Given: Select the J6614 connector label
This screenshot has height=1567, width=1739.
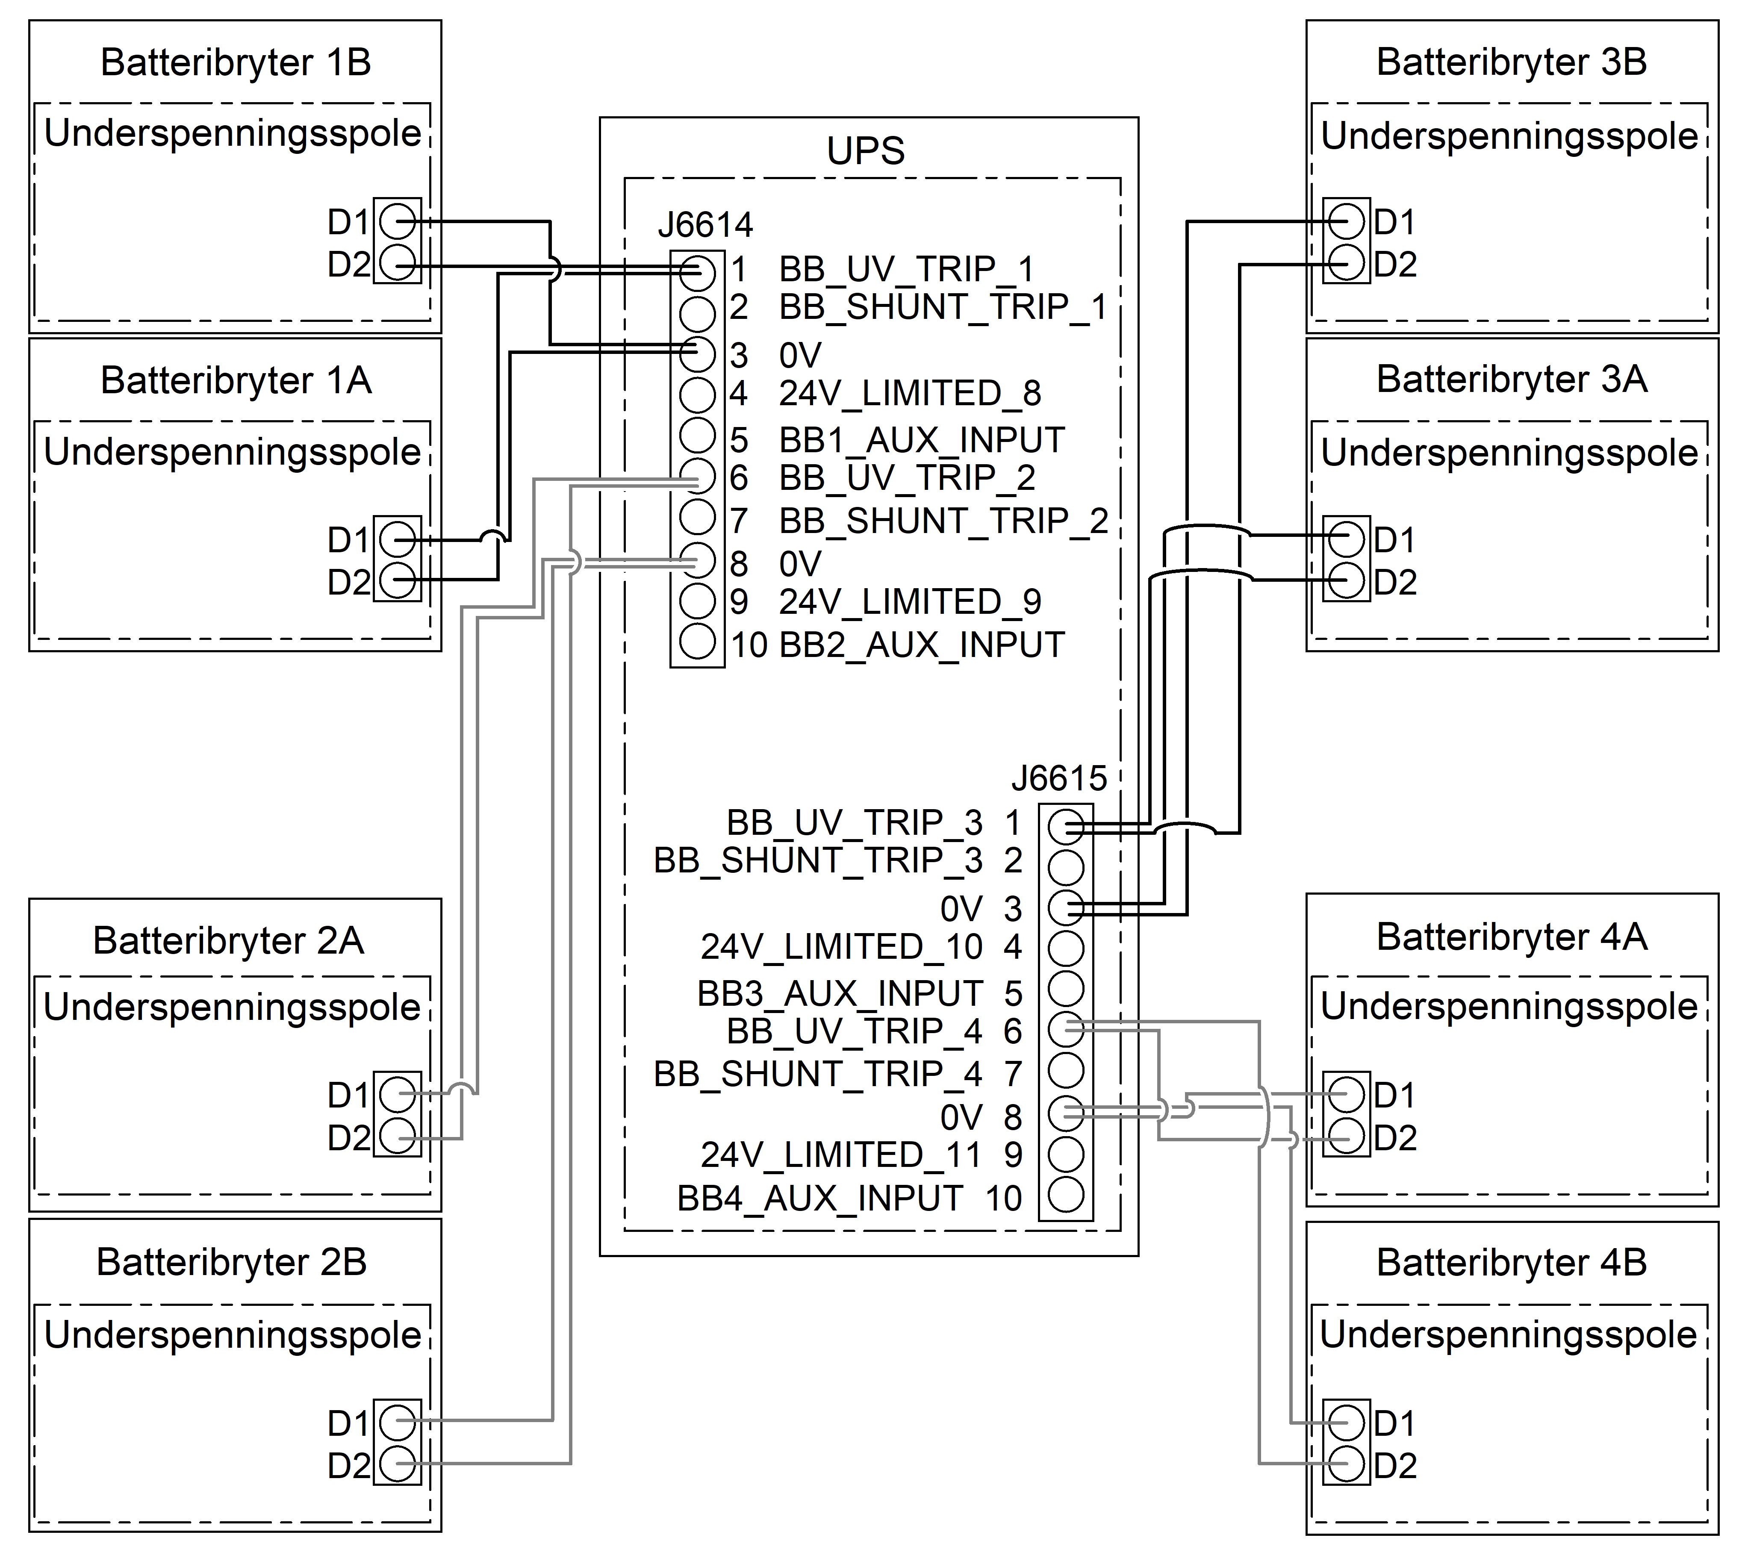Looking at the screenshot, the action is pyautogui.click(x=705, y=226).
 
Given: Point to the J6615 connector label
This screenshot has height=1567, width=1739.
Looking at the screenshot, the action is pyautogui.click(x=1059, y=778).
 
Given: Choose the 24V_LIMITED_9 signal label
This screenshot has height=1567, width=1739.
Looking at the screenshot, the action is pyautogui.click(x=910, y=602).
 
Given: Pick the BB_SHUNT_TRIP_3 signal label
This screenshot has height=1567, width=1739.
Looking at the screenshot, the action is pyautogui.click(x=818, y=860).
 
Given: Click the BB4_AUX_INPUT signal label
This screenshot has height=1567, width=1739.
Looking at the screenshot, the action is pyautogui.click(x=819, y=1199).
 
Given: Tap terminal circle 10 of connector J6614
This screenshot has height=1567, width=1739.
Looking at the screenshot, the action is pyautogui.click(x=697, y=641).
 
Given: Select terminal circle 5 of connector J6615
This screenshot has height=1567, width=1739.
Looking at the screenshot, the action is pyautogui.click(x=1066, y=988).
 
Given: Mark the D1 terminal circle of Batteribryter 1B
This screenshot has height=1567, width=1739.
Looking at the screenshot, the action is pyautogui.click(x=398, y=222).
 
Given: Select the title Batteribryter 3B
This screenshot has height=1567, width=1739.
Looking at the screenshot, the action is pyautogui.click(x=1512, y=62).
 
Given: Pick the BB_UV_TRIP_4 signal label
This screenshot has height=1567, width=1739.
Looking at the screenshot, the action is pyautogui.click(x=855, y=1031).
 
